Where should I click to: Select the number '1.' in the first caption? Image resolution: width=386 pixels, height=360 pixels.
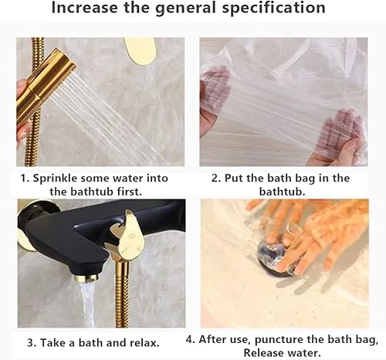click(25, 178)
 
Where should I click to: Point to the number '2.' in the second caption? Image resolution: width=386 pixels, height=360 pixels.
click(215, 178)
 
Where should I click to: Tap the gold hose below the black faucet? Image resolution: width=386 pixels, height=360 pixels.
click(121, 301)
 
